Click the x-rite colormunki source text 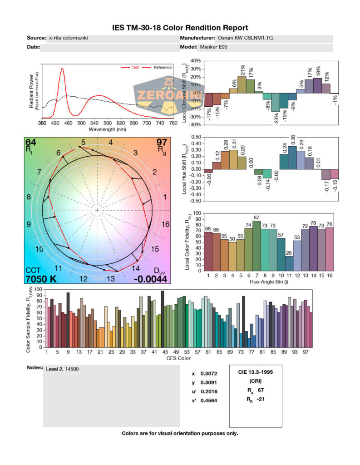pos(68,38)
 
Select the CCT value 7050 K pos(41,278)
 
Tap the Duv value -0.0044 pos(151,278)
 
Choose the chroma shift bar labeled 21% pos(242,84)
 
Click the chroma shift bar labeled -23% pos(275,102)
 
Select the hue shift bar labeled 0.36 pos(292,157)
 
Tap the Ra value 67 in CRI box pos(261,390)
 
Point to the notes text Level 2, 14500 pos(63,369)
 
